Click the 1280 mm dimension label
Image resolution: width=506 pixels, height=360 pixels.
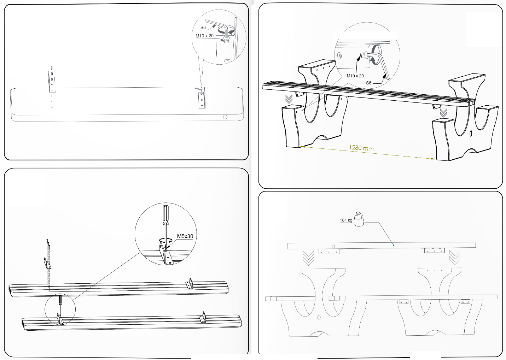(x=361, y=148)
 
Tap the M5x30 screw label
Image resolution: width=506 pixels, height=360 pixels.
(x=185, y=236)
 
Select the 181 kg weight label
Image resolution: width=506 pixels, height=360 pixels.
(x=346, y=220)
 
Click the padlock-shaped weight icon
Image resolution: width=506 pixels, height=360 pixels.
(x=359, y=219)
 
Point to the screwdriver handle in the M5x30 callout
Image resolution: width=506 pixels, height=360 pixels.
(x=166, y=215)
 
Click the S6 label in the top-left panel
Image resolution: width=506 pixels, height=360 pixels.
(x=203, y=28)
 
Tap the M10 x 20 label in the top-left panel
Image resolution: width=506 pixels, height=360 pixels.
(x=204, y=36)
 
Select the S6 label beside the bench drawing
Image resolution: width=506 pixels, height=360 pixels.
(x=368, y=83)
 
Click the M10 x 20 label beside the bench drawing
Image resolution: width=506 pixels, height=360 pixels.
(x=355, y=76)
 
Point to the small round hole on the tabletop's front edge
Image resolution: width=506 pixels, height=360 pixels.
(x=225, y=117)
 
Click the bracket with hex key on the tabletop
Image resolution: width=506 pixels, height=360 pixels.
(x=201, y=98)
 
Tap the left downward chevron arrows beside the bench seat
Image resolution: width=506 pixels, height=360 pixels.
(x=289, y=99)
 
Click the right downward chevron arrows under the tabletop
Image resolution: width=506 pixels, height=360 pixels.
(x=454, y=258)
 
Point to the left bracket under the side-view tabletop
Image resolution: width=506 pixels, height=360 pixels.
(x=329, y=251)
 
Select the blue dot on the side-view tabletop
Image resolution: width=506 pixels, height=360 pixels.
(x=393, y=245)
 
